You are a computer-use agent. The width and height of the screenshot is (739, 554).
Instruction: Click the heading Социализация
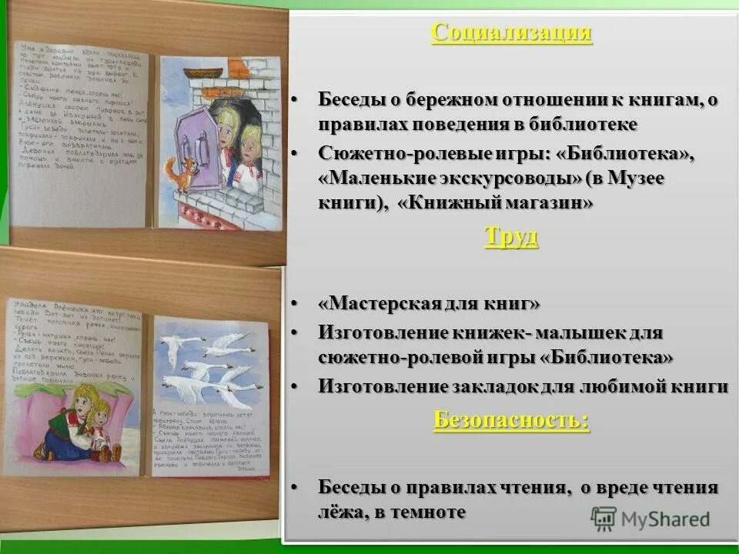[512, 33]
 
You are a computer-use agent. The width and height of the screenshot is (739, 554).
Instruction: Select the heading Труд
[511, 236]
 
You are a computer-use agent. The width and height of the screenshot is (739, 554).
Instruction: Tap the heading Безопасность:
[511, 419]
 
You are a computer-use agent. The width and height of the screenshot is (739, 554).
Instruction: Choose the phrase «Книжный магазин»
[497, 203]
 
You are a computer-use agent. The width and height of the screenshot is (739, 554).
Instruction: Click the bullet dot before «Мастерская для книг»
[294, 305]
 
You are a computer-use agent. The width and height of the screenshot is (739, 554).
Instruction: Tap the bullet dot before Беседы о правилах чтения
[294, 487]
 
